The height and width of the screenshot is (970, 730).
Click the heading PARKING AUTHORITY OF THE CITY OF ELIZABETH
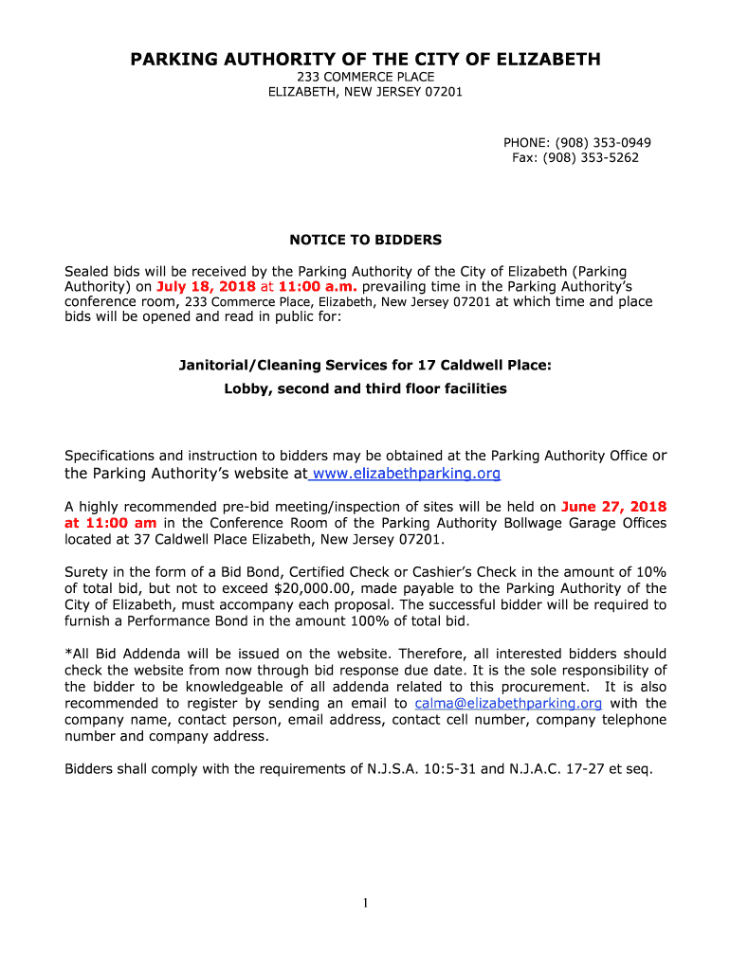tap(365, 60)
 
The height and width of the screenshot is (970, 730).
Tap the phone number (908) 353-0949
tap(603, 142)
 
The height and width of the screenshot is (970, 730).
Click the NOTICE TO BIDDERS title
tap(365, 240)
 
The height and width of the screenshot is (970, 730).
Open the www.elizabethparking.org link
tap(406, 473)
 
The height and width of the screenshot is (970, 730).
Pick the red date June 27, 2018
tap(613, 506)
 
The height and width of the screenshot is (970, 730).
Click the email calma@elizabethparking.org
tap(508, 703)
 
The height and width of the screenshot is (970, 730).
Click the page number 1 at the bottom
tap(365, 903)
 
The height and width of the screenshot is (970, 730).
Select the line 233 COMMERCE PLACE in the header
tap(365, 77)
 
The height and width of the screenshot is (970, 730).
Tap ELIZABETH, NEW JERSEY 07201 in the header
tap(365, 92)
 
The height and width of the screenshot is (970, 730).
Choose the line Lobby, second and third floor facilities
tap(365, 388)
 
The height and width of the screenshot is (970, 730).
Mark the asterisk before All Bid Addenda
tap(68, 654)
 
